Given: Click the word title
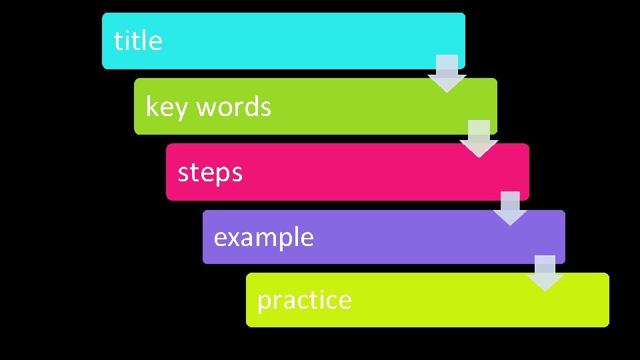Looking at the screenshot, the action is coord(138,41).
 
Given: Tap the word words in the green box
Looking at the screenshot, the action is coord(233,107).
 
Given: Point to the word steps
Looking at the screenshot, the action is coord(210,173).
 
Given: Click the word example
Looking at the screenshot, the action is coord(263,237).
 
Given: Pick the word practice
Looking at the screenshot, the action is coord(304,301).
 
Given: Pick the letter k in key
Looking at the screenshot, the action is coord(151,107).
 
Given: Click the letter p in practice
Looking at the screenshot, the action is coord(264,303).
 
